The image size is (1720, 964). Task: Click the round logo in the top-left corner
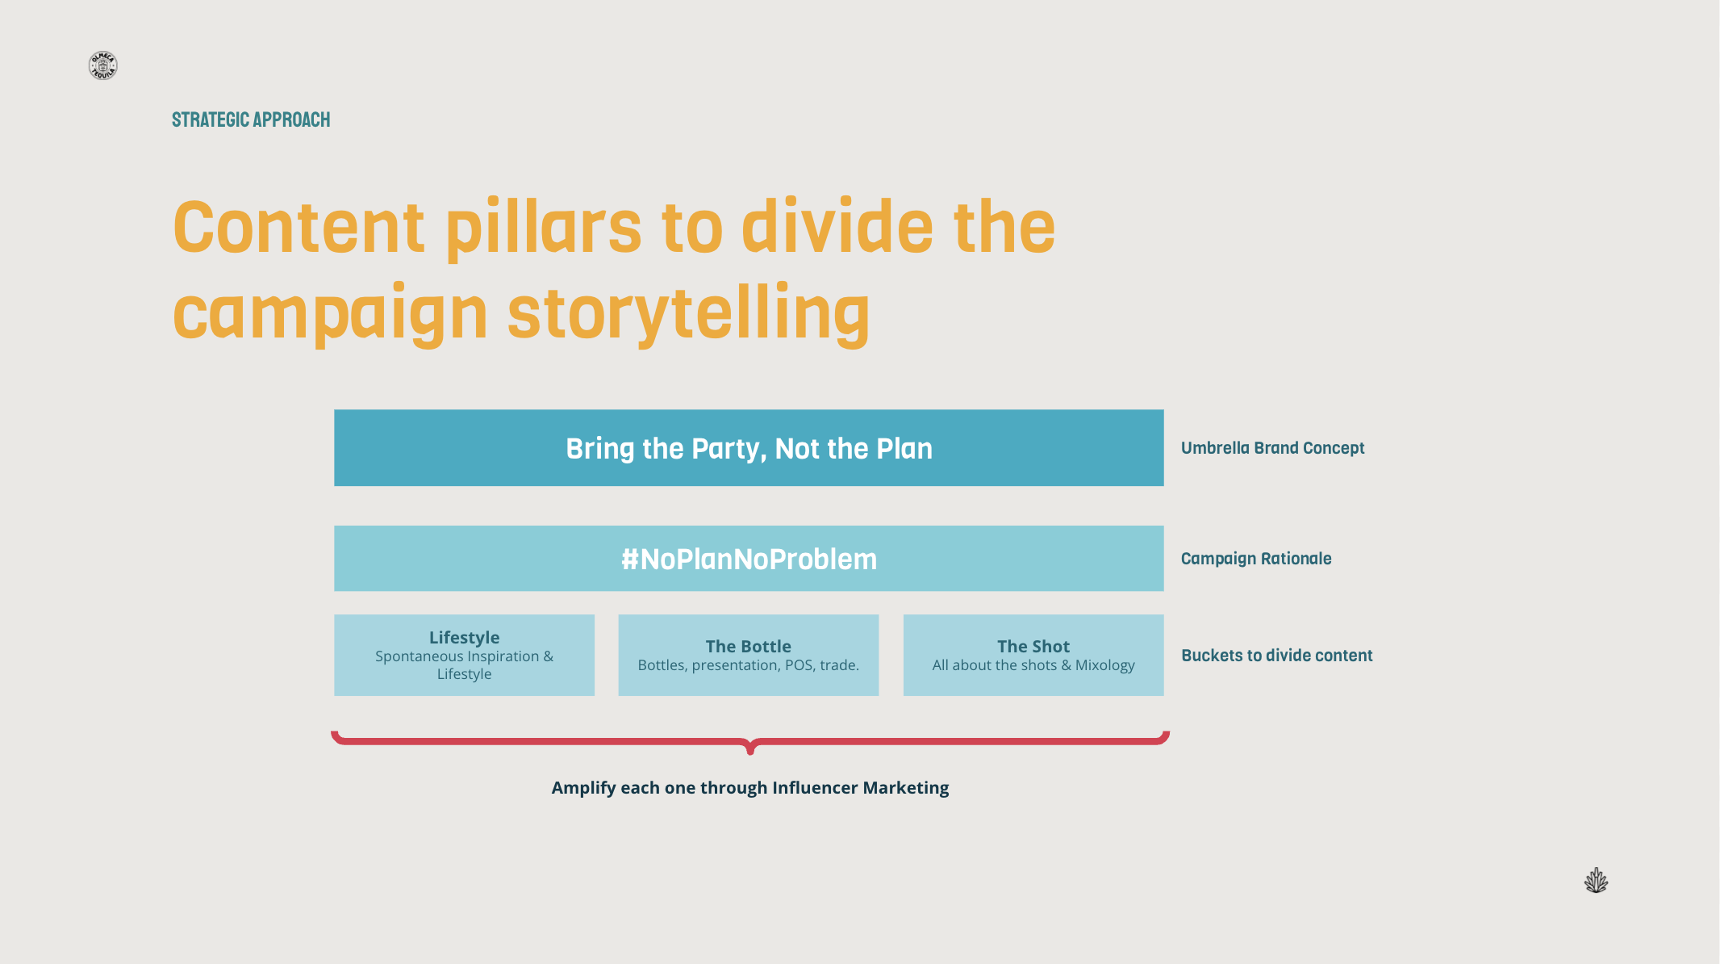[102, 65]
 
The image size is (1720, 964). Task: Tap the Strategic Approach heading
[251, 120]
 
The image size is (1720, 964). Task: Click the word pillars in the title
[543, 228]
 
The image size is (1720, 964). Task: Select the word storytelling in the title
[688, 314]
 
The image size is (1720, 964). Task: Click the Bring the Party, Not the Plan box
[749, 448]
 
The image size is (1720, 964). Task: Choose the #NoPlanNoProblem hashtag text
[749, 559]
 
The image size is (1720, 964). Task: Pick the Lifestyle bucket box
[464, 655]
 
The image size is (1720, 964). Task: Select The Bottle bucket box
[748, 655]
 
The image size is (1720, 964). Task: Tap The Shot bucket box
[1033, 655]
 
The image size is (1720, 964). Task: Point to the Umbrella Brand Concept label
[1272, 448]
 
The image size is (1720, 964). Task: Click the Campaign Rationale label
[1256, 559]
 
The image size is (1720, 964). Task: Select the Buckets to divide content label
[1276, 656]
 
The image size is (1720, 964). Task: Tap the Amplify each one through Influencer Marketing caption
[750, 788]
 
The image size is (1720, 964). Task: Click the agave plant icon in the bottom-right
[1596, 881]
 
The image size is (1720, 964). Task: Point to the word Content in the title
[298, 228]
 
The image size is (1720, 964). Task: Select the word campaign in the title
[330, 314]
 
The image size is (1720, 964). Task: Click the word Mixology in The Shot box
[1104, 665]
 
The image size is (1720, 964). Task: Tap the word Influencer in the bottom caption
[815, 788]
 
